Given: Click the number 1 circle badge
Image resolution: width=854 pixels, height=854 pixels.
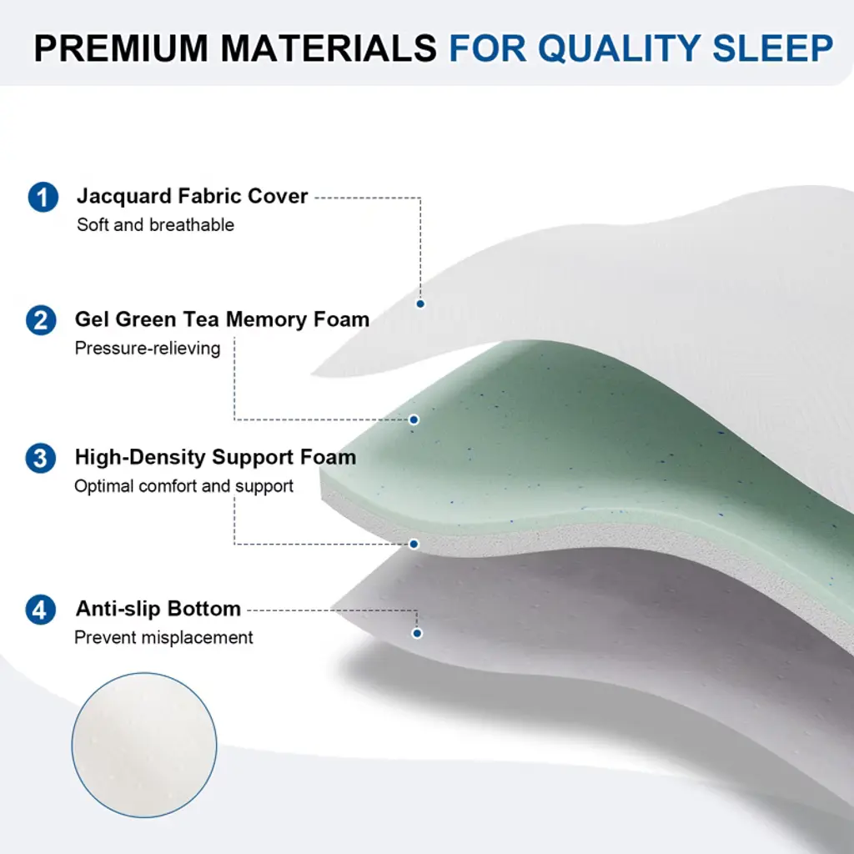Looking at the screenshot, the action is click(x=43, y=197).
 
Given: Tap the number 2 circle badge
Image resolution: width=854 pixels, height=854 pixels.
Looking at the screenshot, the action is click(x=41, y=319).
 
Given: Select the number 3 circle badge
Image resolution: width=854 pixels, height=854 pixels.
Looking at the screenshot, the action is click(x=41, y=458).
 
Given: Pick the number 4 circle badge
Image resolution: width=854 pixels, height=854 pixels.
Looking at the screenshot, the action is click(x=41, y=610).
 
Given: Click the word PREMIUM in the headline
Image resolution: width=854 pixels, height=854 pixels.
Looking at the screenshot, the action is click(x=121, y=48).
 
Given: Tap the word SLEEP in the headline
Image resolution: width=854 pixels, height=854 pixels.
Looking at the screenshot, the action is click(x=772, y=48).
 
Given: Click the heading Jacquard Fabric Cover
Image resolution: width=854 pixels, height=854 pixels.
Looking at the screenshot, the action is click(x=193, y=197).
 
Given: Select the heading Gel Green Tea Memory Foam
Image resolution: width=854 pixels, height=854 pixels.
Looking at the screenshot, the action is click(x=222, y=319).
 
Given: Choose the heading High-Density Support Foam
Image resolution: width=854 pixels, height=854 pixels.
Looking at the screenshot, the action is click(x=216, y=458).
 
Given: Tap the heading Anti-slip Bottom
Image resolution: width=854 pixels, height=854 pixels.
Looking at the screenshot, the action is click(x=158, y=608).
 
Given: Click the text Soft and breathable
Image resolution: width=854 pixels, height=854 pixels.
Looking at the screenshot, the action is click(x=155, y=225).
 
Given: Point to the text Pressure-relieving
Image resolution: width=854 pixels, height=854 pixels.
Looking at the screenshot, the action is click(x=147, y=349).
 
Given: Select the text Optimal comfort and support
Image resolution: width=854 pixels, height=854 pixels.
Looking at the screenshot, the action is click(x=183, y=486).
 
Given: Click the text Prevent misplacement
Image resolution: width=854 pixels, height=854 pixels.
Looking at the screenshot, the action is click(x=163, y=638).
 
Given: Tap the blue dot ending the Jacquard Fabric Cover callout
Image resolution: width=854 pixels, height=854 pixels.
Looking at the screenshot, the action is click(x=420, y=304).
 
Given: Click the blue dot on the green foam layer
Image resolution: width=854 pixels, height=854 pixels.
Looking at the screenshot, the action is click(x=414, y=420).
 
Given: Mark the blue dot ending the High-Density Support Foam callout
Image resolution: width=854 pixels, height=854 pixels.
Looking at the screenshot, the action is click(x=414, y=544).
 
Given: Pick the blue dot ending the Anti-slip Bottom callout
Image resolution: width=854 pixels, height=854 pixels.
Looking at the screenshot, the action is click(x=417, y=634).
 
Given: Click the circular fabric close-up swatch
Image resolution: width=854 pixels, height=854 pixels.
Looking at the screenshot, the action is click(x=144, y=745).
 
